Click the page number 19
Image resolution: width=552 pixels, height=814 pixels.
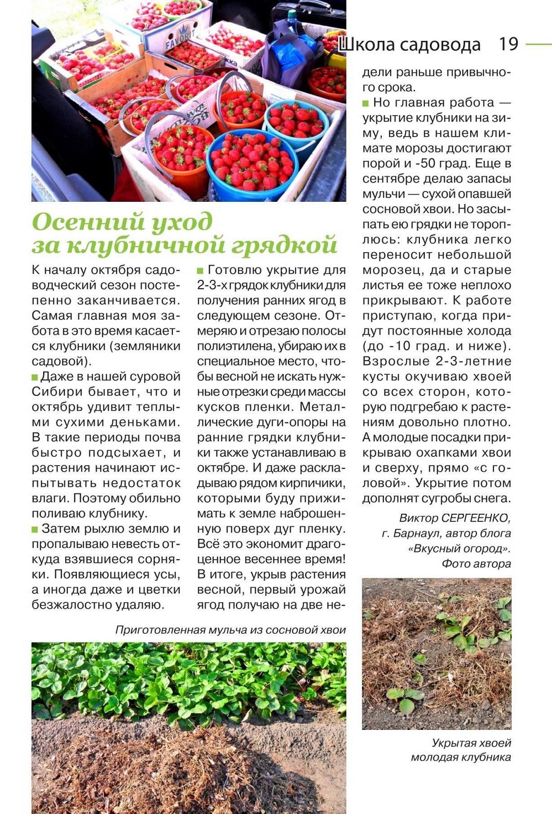pos(508,44)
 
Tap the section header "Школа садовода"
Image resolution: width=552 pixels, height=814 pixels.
pos(409,45)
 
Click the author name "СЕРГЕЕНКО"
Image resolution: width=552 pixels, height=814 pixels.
pos(476,518)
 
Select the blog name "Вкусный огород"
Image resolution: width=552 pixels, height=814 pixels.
pos(459,549)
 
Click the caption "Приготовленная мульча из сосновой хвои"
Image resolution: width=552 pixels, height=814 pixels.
pos(230,630)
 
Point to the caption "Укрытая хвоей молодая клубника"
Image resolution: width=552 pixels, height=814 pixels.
pos(461,750)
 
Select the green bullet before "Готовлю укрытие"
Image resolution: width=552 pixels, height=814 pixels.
pos(201,270)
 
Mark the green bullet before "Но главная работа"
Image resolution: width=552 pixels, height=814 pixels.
pos(365,103)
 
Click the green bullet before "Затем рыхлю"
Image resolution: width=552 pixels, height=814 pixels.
pos(35,529)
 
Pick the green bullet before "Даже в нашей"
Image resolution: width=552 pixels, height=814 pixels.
pos(35,377)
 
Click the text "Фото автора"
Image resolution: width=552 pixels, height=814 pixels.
pos(476,563)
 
